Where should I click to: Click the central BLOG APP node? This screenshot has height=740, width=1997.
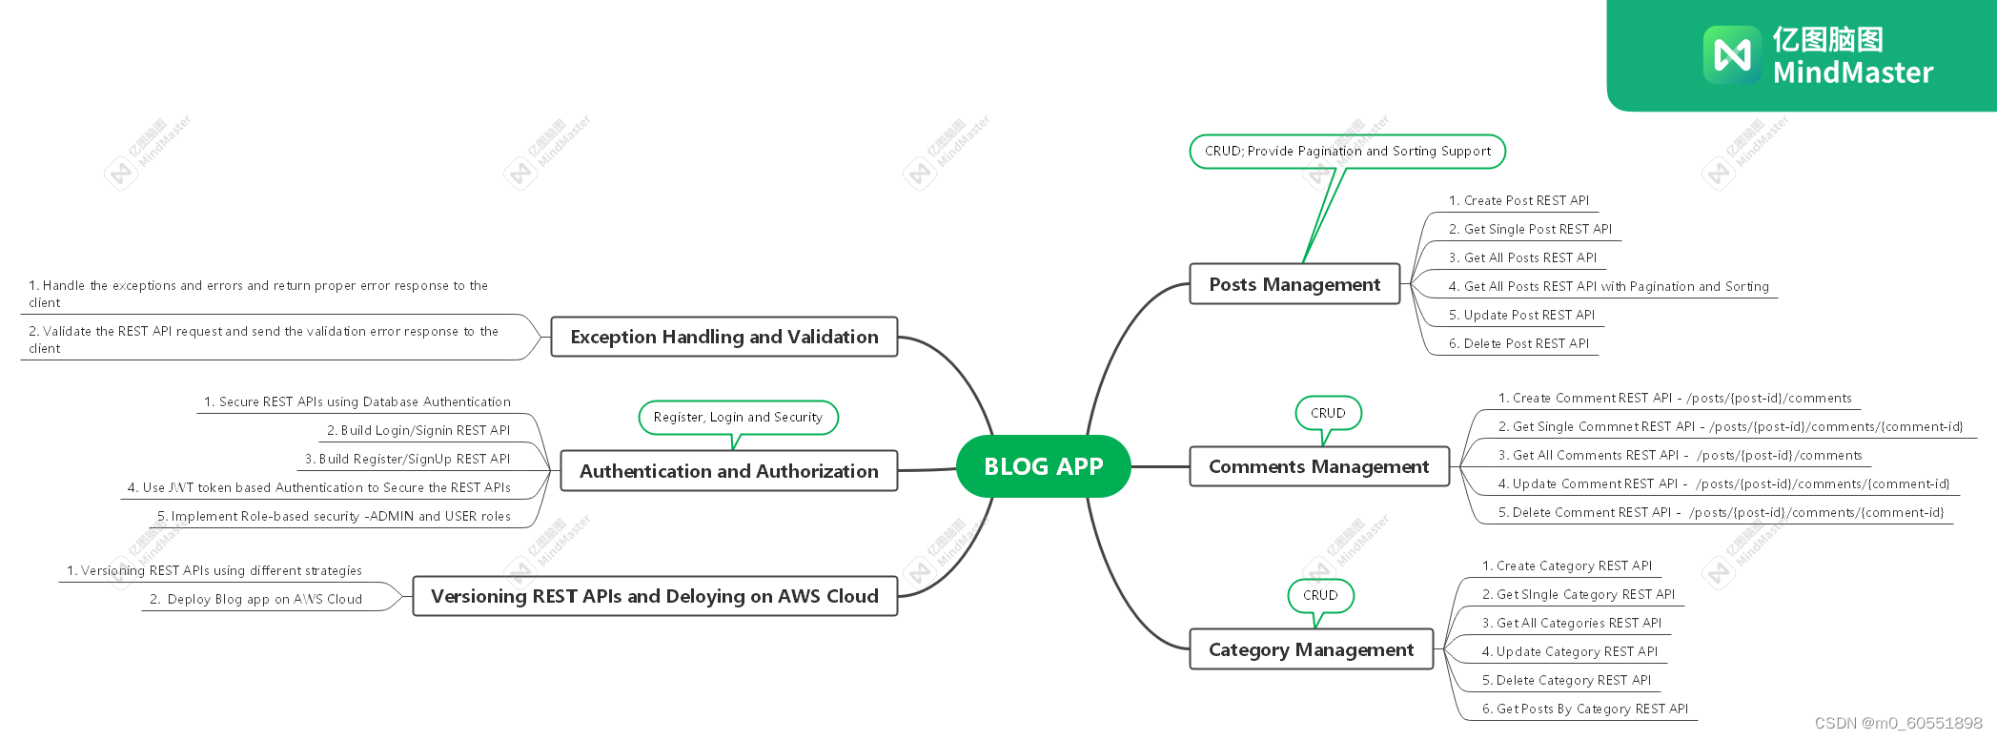[1043, 466]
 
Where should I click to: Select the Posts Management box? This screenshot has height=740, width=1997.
[1294, 284]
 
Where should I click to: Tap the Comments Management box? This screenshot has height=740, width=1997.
[1318, 466]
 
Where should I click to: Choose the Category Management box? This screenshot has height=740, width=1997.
[1311, 649]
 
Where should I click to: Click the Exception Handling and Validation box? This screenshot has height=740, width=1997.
[723, 337]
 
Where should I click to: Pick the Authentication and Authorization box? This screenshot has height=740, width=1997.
[728, 471]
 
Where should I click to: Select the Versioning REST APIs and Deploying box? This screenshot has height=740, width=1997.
[654, 596]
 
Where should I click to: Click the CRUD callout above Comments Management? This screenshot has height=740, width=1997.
[1328, 413]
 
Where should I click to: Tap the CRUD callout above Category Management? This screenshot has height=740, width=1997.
[1320, 595]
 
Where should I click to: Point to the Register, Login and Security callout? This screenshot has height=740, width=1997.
[738, 418]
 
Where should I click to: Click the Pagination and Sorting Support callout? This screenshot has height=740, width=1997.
[1347, 152]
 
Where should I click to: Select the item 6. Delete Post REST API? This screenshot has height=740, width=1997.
[1518, 343]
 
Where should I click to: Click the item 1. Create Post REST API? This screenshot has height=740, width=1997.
[1518, 200]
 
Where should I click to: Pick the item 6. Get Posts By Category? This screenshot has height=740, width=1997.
[1584, 709]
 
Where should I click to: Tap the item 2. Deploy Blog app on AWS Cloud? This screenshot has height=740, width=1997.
[255, 599]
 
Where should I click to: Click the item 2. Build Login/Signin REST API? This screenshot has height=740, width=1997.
[418, 430]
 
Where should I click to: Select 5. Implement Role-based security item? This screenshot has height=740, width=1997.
[334, 516]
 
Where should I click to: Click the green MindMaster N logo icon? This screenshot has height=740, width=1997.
[1731, 54]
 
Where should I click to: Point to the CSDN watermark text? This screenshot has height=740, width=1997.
[1898, 723]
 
